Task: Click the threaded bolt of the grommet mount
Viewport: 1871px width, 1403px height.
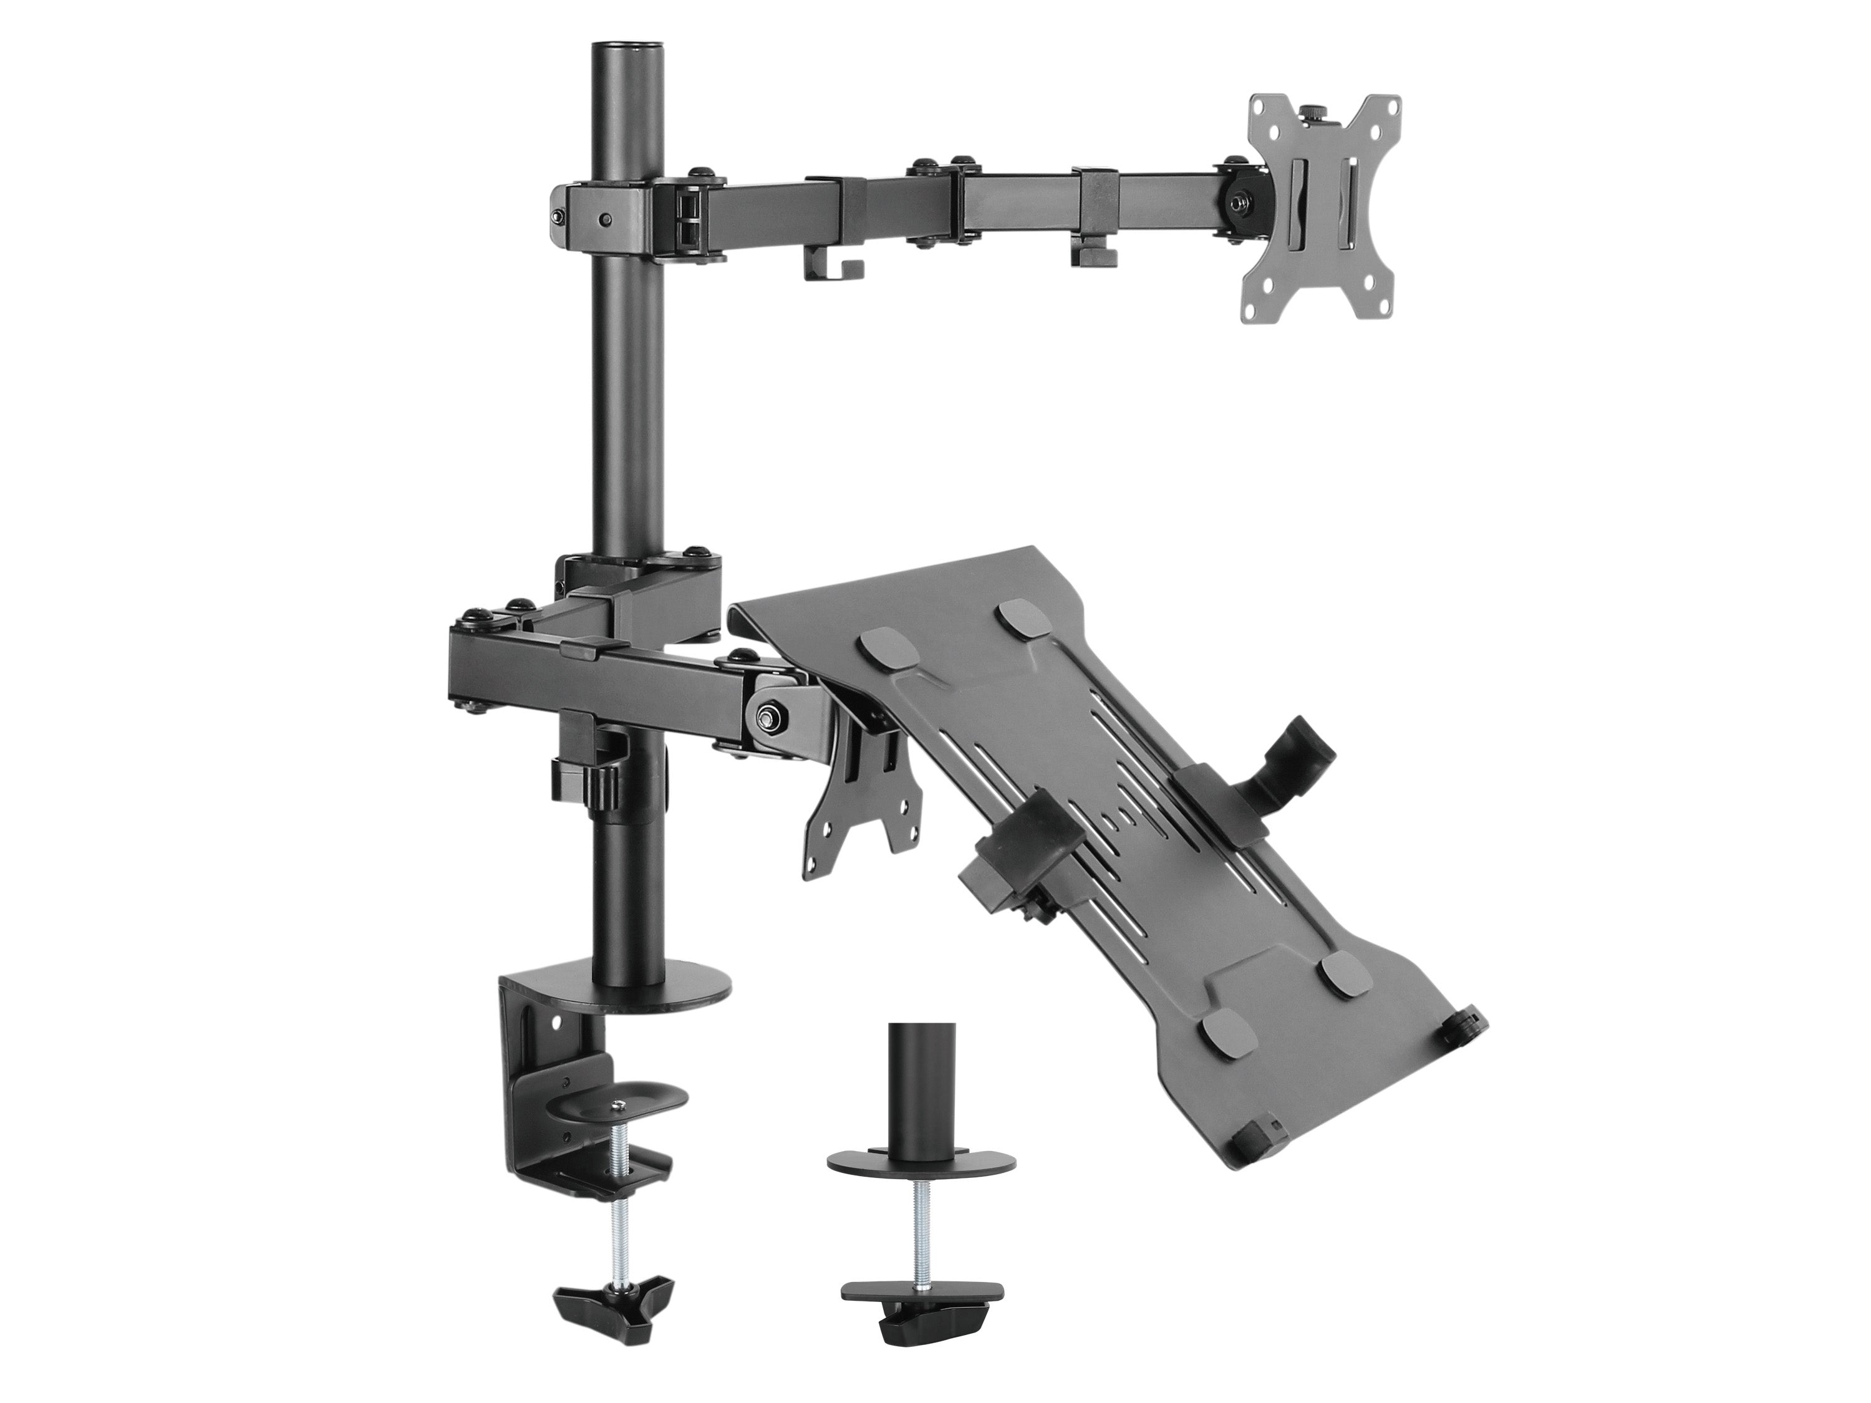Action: coord(917,1218)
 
